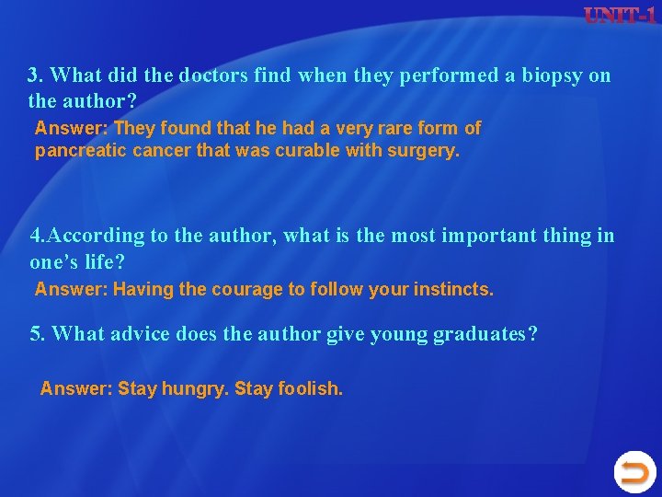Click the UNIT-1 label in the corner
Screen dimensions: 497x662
[x=622, y=17]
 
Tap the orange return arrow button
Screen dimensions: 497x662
[x=634, y=473]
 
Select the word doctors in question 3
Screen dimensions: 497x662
[x=213, y=75]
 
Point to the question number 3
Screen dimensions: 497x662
[x=34, y=75]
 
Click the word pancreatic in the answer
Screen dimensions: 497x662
[x=68, y=150]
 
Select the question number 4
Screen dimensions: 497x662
[x=35, y=236]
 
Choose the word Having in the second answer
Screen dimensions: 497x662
[x=145, y=290]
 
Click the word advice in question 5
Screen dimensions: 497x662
[x=138, y=333]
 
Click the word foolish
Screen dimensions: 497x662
[x=309, y=388]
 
